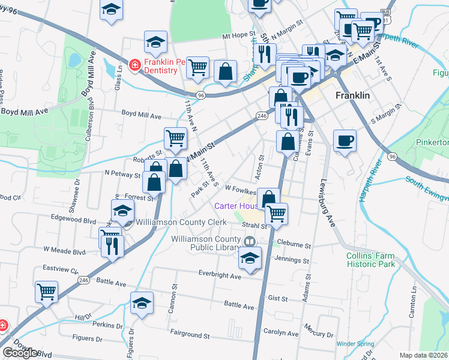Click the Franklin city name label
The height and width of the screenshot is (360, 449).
pos(352,95)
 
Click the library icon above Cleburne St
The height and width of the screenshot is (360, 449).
pos(250,242)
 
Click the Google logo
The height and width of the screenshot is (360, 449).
pos(20,353)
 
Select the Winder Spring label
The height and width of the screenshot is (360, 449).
pos(354,344)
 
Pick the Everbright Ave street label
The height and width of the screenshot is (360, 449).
pos(219,276)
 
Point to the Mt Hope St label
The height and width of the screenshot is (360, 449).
pos(239,35)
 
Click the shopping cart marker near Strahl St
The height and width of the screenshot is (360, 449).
pos(276,213)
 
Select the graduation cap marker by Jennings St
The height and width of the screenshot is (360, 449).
pos(250,259)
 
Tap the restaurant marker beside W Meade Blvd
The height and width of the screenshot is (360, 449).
pos(112,246)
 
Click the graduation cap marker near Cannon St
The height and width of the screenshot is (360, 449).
pos(142,303)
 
